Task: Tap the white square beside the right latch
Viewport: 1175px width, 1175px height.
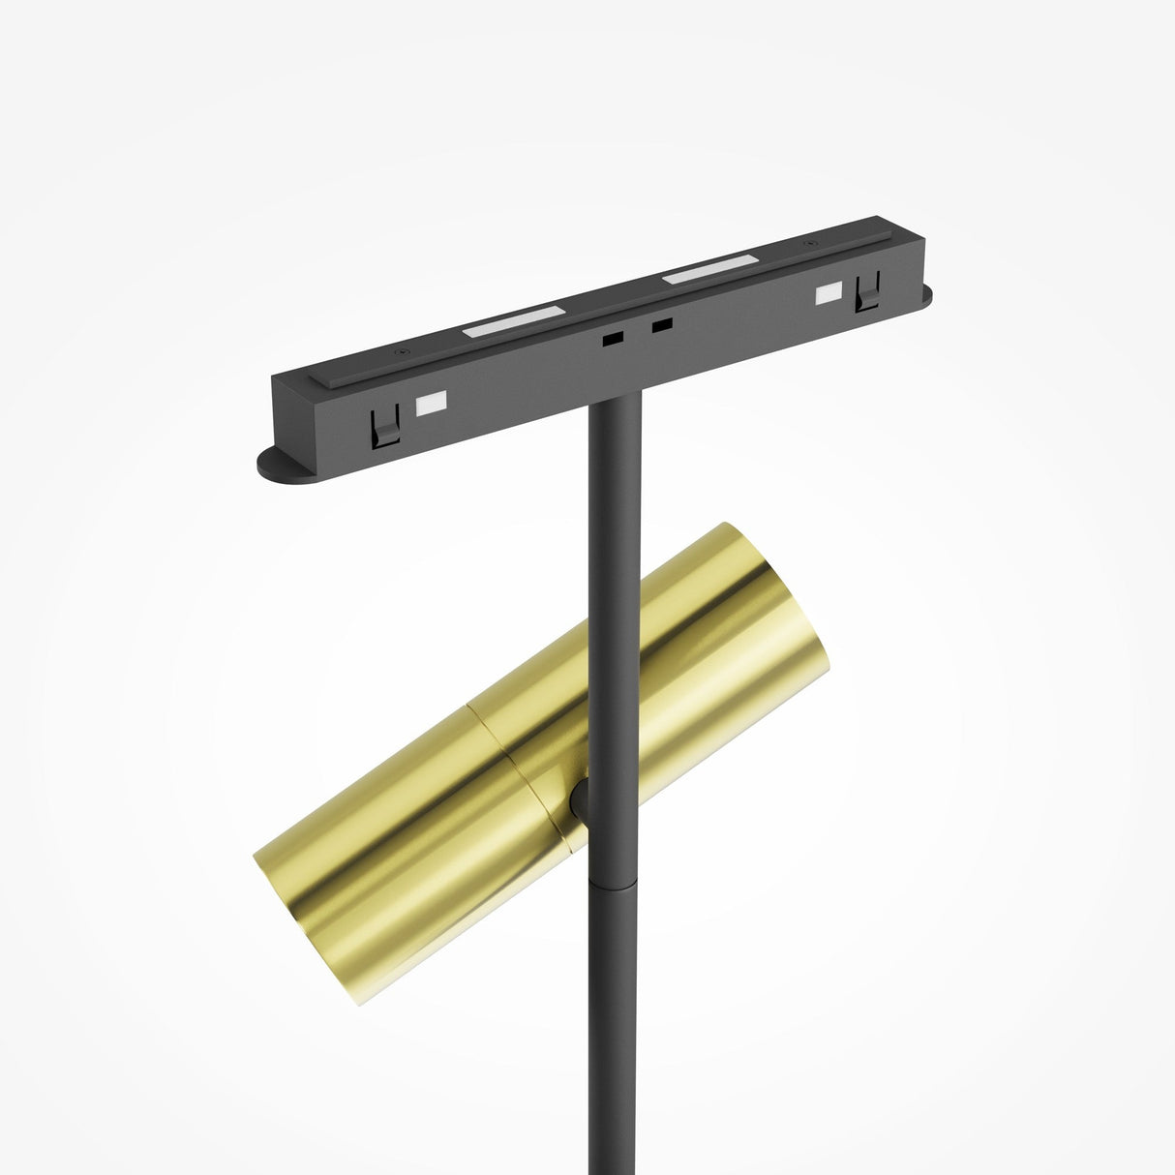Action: [829, 293]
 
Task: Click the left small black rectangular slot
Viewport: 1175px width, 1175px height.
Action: [612, 340]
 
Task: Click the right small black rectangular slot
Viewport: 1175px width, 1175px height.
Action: [662, 326]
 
